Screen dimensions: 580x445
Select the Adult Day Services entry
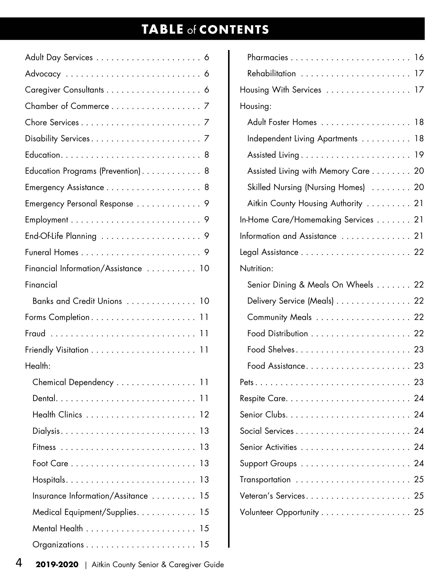click(59, 57)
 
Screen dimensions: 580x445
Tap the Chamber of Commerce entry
click(67, 106)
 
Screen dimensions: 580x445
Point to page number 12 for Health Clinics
click(204, 414)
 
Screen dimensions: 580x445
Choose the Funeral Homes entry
click(52, 252)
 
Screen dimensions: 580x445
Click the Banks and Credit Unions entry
click(77, 301)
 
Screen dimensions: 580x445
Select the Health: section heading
click(38, 366)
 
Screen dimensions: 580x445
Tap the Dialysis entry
click(46, 431)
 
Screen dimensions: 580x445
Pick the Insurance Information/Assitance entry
click(90, 496)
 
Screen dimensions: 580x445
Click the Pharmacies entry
click(268, 57)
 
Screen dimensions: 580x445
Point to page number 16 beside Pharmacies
click(419, 57)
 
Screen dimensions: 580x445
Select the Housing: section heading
click(256, 106)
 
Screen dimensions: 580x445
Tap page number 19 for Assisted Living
click(419, 155)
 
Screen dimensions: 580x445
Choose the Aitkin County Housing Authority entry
click(304, 203)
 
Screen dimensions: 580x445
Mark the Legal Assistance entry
click(269, 252)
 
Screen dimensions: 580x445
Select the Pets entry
click(247, 382)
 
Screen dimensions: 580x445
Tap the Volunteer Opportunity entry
click(279, 512)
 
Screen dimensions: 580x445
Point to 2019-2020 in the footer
click(57, 565)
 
